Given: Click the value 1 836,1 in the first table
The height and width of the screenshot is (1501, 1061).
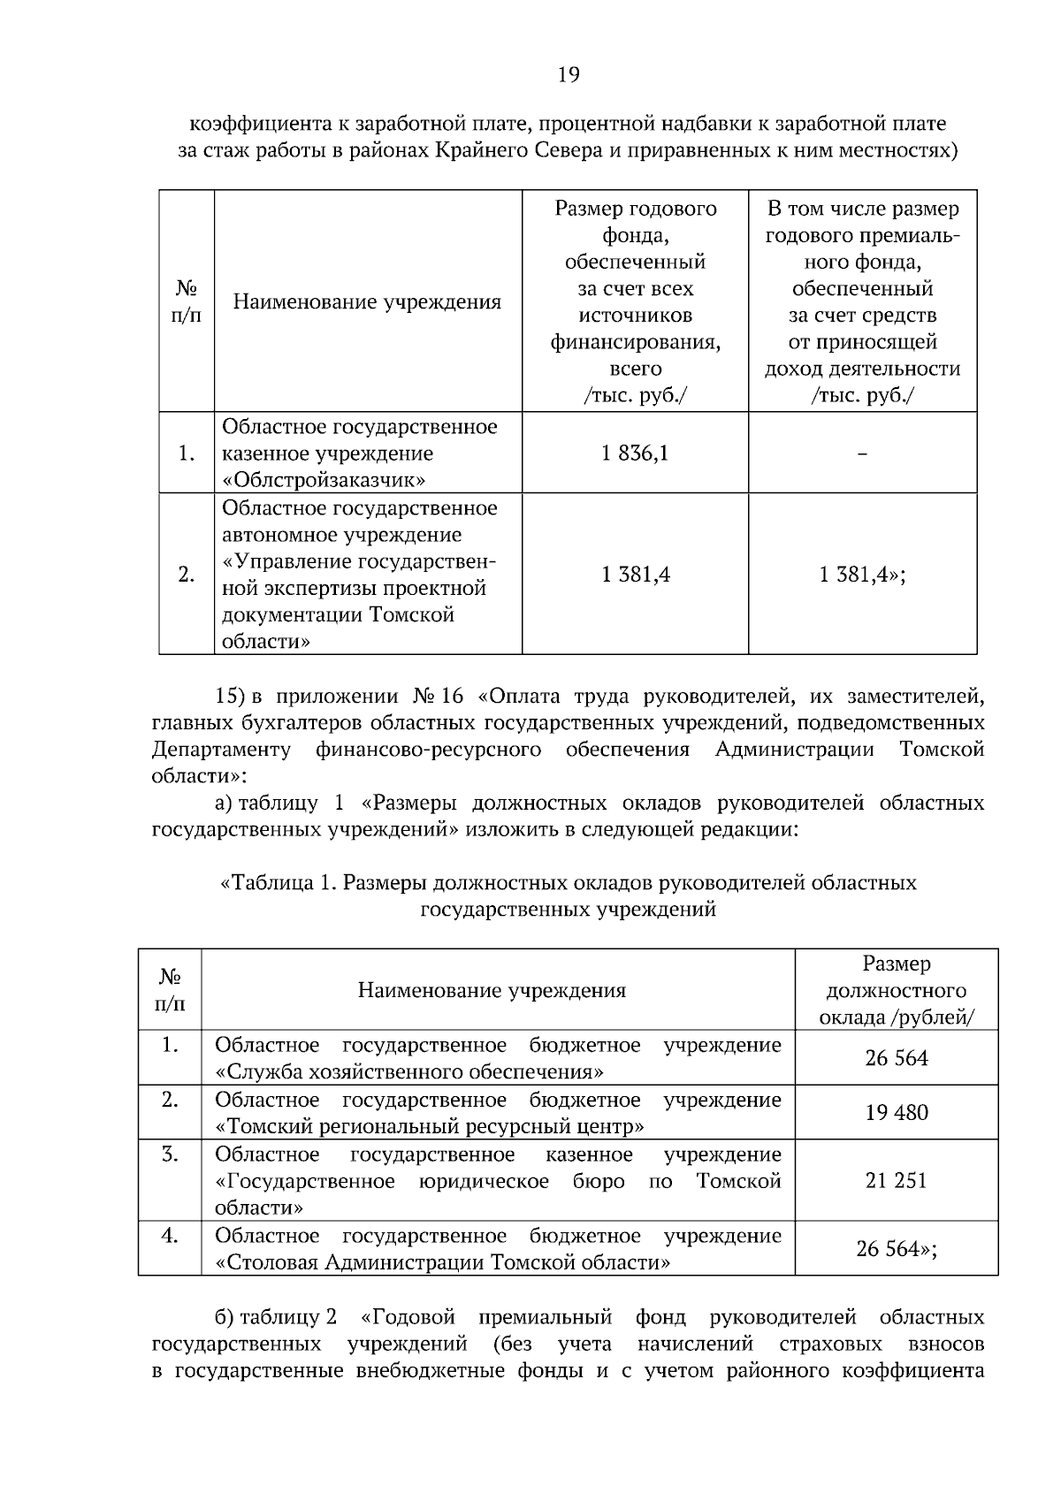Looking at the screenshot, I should click(635, 453).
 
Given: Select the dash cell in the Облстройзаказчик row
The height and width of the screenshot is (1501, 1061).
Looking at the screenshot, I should click(862, 453).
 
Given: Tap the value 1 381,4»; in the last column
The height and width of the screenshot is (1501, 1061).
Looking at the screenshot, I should click(862, 575).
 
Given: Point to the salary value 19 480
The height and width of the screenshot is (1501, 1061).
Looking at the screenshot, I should click(896, 1112).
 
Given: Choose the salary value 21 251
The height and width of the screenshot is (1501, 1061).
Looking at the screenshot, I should click(896, 1180).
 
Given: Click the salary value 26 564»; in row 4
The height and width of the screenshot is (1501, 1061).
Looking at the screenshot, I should click(896, 1248).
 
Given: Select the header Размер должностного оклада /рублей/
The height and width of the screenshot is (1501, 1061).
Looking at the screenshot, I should click(896, 990).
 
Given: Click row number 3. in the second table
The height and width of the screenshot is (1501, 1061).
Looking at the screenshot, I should click(170, 1154).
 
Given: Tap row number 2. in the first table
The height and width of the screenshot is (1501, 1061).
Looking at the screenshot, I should click(186, 575).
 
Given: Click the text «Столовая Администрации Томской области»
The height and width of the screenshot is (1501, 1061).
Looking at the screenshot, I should click(442, 1261).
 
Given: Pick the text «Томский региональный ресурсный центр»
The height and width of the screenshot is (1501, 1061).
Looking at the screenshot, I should click(430, 1126).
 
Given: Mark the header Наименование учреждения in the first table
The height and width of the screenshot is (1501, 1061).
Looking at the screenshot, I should click(367, 301).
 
